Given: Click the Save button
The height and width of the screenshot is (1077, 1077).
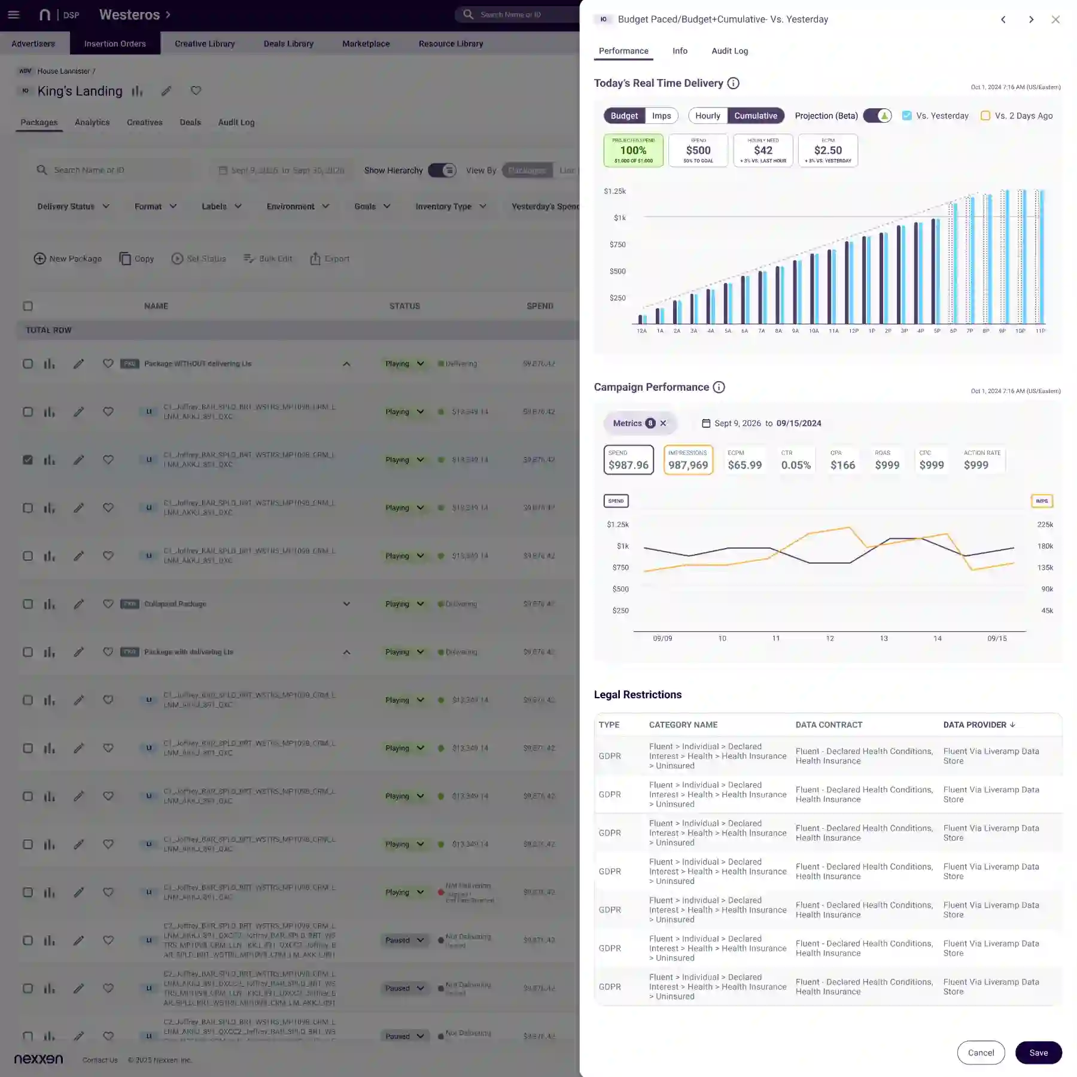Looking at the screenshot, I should pos(1038,1052).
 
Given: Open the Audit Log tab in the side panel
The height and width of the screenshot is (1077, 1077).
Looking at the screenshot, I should pos(729,51).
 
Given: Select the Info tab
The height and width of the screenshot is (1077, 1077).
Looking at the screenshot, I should pos(680,51).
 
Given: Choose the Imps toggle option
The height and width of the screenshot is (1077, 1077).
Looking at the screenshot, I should pos(661,115).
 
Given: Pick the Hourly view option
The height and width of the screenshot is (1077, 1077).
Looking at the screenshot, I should pos(707,115).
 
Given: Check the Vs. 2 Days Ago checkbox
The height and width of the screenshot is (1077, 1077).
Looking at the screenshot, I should pos(985,115).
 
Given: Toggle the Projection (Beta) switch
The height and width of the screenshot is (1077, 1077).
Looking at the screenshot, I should pos(877,115).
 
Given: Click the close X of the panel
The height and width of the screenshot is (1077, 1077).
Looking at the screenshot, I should pos(1055,20).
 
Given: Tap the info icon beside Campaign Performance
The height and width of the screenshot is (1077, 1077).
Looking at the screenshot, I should pos(719,387).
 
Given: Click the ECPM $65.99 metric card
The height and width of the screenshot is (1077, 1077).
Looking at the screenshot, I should pos(744,460).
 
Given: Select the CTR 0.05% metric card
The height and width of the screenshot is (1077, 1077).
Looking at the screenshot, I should pos(796,460).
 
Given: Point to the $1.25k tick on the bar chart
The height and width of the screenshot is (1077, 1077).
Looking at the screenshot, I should pos(614,191).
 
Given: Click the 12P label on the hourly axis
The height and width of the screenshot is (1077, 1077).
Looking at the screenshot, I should pos(854,331).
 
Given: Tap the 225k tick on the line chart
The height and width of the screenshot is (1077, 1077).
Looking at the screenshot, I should pos(1045,525).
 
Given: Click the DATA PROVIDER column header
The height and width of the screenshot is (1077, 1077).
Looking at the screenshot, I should pos(979,725).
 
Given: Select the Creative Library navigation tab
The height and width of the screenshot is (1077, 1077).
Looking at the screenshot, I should pos(205,44).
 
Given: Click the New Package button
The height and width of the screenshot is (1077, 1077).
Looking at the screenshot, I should pos(68,258).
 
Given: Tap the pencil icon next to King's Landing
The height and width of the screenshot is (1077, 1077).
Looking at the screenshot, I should pos(166,91).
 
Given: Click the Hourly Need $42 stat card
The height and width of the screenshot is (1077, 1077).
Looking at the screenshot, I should pos(763,150).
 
